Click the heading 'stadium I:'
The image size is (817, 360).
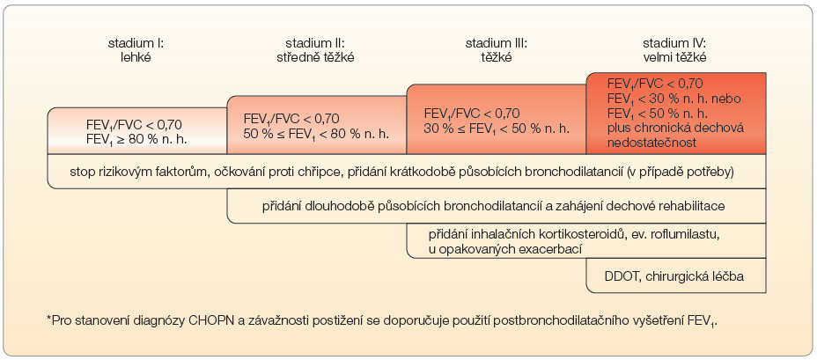pos(136,43)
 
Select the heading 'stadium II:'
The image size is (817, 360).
pos(315,43)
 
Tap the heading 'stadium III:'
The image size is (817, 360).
pos(496,43)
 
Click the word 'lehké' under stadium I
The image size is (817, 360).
pos(136,57)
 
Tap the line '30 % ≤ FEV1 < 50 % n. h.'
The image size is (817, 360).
pos(497,127)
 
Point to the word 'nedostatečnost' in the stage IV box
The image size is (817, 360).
pos(645,143)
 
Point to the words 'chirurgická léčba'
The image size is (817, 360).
pos(695,276)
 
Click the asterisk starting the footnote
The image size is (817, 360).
pos(49,319)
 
